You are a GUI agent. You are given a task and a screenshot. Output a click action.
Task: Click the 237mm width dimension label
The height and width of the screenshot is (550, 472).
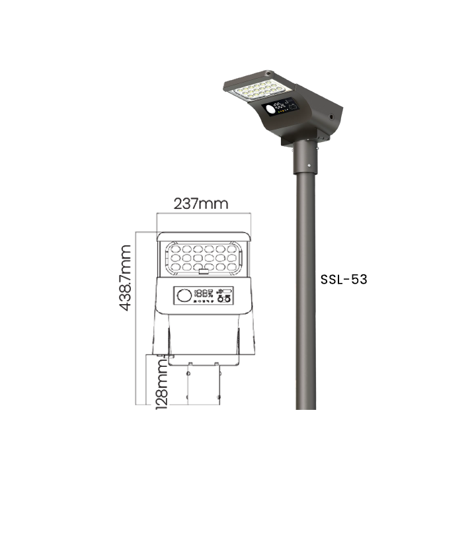coord(201,204)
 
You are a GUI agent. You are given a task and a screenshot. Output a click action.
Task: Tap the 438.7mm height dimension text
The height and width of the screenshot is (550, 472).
coord(125,278)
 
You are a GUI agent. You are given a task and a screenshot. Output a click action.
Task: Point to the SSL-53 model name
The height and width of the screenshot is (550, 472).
coord(344,280)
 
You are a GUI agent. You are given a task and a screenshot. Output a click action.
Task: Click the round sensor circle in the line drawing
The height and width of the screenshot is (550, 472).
coord(184,295)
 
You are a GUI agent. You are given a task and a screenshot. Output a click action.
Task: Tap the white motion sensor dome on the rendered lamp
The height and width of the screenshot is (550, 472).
coord(271,110)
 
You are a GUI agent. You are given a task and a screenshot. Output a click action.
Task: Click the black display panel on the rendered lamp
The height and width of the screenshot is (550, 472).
coord(280,107)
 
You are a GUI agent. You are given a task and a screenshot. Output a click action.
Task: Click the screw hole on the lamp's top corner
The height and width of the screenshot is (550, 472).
coord(268,73)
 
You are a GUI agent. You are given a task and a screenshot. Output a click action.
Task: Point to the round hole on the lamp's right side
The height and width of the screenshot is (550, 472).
coord(331,116)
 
